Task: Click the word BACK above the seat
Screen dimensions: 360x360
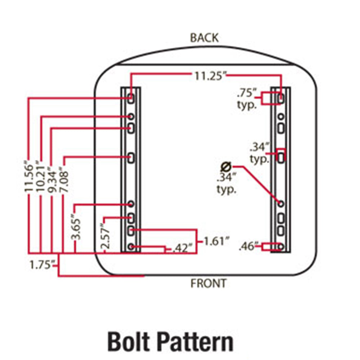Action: tap(204, 37)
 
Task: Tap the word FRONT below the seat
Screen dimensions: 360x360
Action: tap(209, 283)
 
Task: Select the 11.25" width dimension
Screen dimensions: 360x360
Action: tap(210, 76)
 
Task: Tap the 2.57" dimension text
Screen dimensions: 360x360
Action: tap(105, 236)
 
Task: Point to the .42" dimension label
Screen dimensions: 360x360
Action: tap(182, 249)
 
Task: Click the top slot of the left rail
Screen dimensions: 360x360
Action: tap(131, 98)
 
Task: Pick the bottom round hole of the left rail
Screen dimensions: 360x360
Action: tap(131, 247)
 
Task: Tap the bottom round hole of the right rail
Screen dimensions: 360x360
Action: tap(281, 247)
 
